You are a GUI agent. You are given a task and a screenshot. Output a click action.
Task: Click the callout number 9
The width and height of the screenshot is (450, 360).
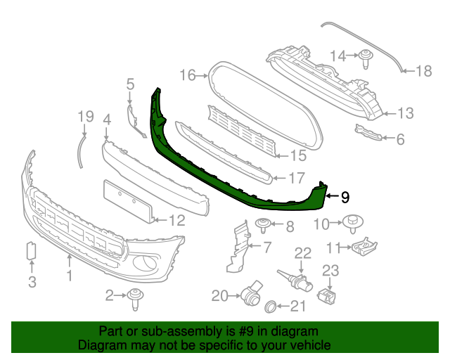click(345, 198)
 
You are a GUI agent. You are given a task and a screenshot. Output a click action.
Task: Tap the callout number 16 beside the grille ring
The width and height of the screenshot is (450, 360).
click(187, 75)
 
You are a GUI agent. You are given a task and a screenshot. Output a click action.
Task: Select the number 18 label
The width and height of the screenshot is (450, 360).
click(424, 70)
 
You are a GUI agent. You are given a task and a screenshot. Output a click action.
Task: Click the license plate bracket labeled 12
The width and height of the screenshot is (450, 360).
click(129, 200)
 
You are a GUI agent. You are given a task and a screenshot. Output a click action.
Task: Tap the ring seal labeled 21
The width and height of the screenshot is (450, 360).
click(269, 306)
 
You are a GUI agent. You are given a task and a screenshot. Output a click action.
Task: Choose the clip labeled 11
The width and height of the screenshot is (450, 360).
click(364, 247)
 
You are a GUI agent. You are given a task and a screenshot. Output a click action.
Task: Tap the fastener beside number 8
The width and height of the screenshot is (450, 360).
click(264, 225)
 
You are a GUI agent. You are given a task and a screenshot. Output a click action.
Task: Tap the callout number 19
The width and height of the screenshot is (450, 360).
click(85, 116)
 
